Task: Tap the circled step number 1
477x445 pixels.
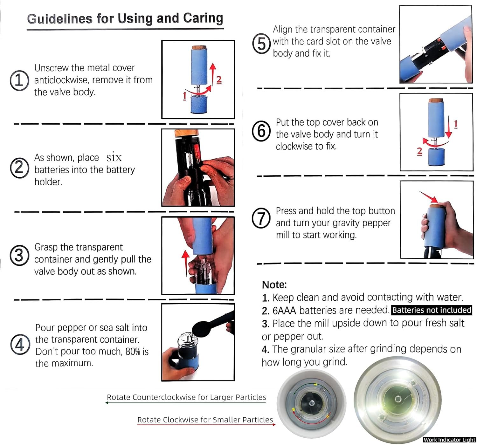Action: [x=19, y=80]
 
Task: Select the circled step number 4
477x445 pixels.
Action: [x=20, y=344]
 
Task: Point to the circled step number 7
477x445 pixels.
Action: [x=261, y=218]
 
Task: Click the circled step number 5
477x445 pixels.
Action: [x=261, y=44]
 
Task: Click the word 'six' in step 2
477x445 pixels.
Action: [x=114, y=157]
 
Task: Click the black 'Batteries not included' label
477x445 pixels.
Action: [x=432, y=310]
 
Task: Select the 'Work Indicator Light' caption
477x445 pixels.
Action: [x=449, y=440]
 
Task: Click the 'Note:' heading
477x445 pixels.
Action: [x=274, y=284]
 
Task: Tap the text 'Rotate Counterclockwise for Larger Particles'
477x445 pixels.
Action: [x=186, y=397]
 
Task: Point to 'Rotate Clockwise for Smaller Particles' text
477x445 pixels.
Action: [x=205, y=420]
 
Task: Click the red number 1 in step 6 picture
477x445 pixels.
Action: [x=456, y=124]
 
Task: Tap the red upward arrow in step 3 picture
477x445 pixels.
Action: [x=185, y=263]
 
